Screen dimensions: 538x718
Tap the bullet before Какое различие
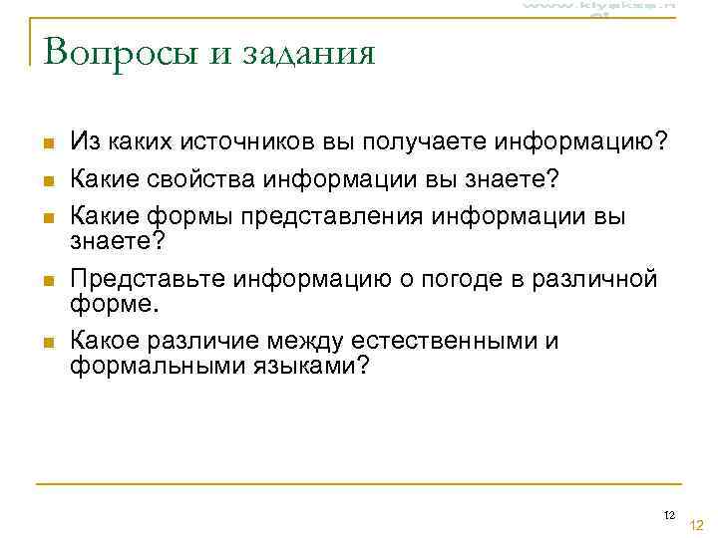click(x=47, y=343)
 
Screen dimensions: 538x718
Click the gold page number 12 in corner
click(x=697, y=525)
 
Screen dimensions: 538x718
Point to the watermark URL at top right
click(x=598, y=7)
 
